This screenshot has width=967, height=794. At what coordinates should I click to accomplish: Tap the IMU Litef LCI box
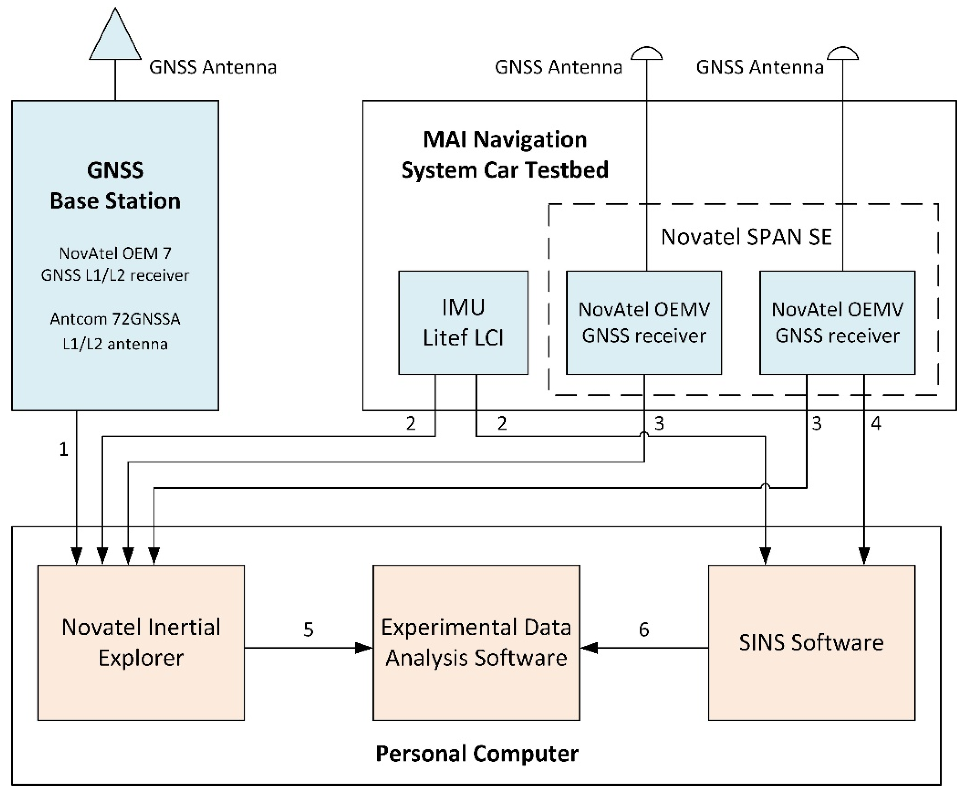(463, 322)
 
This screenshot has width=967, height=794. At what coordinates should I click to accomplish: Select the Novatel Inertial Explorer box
(141, 642)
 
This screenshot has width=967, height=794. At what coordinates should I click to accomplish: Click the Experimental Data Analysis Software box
(476, 642)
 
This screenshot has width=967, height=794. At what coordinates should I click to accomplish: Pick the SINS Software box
(811, 642)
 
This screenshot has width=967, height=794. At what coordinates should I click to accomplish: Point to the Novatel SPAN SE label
(746, 237)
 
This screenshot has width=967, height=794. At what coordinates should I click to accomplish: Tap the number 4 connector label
(876, 424)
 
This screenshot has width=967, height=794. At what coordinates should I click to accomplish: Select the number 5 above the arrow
(308, 630)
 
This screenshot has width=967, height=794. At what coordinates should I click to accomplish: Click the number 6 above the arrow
(644, 630)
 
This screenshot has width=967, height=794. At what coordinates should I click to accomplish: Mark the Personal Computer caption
(477, 754)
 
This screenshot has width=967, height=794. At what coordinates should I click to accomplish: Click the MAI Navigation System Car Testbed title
(505, 154)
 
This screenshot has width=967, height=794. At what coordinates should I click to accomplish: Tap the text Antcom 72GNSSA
(115, 319)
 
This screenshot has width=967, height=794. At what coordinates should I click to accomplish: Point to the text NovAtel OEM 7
(115, 253)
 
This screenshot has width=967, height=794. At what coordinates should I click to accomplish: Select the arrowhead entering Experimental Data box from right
(589, 648)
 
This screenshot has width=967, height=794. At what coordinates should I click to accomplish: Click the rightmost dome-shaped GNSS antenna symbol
(843, 53)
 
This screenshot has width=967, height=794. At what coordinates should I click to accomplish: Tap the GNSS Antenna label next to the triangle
(212, 67)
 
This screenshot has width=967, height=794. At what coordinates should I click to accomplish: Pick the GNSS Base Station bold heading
(115, 185)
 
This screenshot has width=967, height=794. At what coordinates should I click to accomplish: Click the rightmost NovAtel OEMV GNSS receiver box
(837, 322)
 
